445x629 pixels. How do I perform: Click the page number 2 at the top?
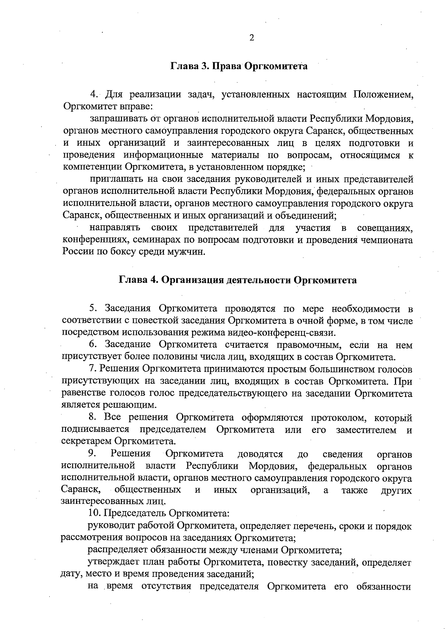click(252, 38)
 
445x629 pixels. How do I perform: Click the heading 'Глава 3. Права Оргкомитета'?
click(239, 67)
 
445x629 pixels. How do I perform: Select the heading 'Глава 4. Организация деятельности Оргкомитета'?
click(237, 280)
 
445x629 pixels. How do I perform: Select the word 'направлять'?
click(115, 227)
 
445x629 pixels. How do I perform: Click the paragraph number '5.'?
click(93, 308)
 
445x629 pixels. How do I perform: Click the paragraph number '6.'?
click(93, 345)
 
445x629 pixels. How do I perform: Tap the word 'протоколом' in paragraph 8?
click(339, 418)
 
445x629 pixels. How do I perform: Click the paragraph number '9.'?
click(92, 454)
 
